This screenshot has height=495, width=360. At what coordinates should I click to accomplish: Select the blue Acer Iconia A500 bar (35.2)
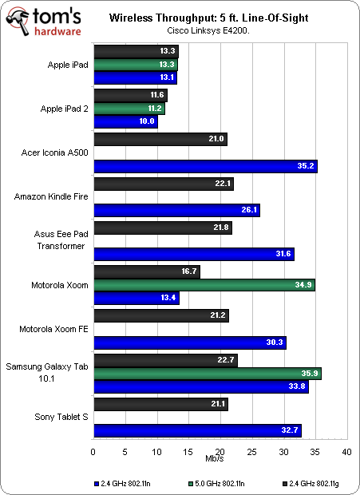click(x=205, y=167)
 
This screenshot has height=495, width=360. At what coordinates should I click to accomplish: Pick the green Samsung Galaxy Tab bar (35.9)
click(x=208, y=373)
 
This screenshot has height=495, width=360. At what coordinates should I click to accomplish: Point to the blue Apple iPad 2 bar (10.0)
click(x=125, y=122)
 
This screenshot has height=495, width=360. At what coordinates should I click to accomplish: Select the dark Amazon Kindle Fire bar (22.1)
click(x=164, y=184)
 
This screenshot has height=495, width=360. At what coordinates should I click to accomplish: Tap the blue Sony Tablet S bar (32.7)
click(x=197, y=430)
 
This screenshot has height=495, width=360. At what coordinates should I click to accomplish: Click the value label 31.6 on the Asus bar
click(x=283, y=255)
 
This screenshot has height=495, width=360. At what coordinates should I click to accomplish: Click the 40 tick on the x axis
click(x=346, y=452)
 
